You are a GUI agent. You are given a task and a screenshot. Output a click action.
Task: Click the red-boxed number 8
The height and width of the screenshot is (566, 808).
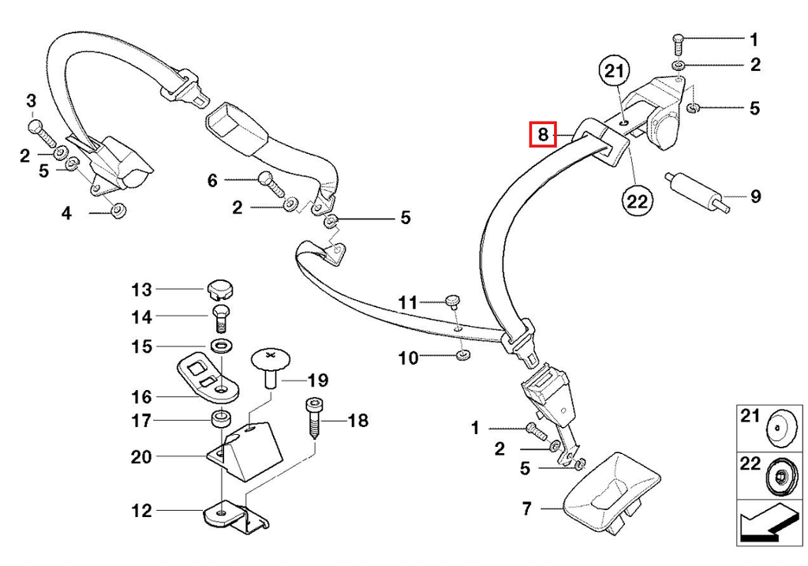click(x=543, y=134)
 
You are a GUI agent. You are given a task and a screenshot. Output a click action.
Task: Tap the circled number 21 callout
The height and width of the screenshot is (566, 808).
click(x=614, y=72)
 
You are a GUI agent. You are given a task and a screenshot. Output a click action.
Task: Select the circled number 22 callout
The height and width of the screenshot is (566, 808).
click(x=637, y=200)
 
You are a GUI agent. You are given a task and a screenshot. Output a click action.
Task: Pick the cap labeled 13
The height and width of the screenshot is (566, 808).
click(x=220, y=290)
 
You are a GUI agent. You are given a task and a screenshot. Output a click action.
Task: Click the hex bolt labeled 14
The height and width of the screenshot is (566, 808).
click(x=221, y=319)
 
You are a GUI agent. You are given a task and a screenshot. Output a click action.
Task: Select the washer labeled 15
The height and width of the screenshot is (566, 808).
click(x=221, y=345)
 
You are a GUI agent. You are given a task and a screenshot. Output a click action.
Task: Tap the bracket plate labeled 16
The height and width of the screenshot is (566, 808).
click(x=208, y=377)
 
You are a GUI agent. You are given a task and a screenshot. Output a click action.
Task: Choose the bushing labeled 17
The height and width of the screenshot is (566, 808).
click(x=221, y=418)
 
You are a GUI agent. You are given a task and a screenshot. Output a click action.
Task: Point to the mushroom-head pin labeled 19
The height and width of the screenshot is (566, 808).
click(x=271, y=368)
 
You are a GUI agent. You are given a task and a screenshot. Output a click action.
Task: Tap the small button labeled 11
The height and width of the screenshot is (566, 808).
click(x=452, y=302)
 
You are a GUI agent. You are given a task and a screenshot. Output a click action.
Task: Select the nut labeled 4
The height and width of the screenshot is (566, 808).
click(x=118, y=210)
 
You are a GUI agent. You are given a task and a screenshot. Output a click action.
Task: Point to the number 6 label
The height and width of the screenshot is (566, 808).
click(x=212, y=181)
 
